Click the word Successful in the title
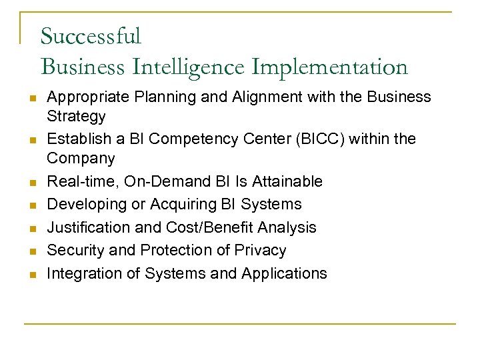[91, 35]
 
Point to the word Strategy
[76, 117]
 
